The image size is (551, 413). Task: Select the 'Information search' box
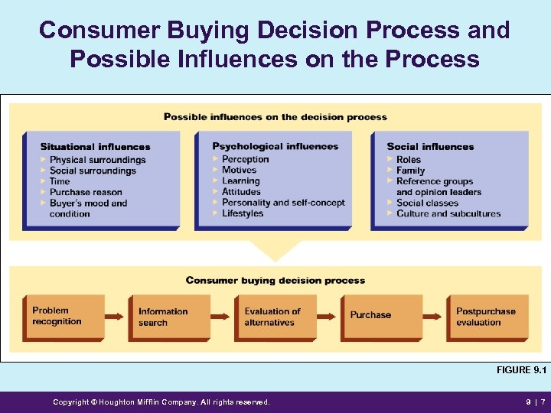click(168, 317)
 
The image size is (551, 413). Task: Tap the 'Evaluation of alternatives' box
click(274, 317)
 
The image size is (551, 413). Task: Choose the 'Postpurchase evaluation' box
click(487, 317)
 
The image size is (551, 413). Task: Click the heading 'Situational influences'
click(95, 147)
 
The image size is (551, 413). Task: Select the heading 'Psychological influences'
click(275, 146)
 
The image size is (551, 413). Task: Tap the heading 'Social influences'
click(430, 147)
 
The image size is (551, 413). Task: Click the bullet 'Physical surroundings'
click(97, 160)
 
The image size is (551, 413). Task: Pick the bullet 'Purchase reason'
click(86, 192)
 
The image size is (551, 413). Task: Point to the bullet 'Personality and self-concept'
click(283, 203)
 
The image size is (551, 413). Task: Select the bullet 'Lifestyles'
click(243, 213)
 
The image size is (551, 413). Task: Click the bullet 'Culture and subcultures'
click(448, 213)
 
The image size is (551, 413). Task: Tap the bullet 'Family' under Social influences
click(410, 171)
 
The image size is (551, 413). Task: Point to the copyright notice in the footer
click(161, 402)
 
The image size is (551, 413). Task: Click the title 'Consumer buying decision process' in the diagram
click(275, 281)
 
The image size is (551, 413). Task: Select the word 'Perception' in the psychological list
click(245, 159)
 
